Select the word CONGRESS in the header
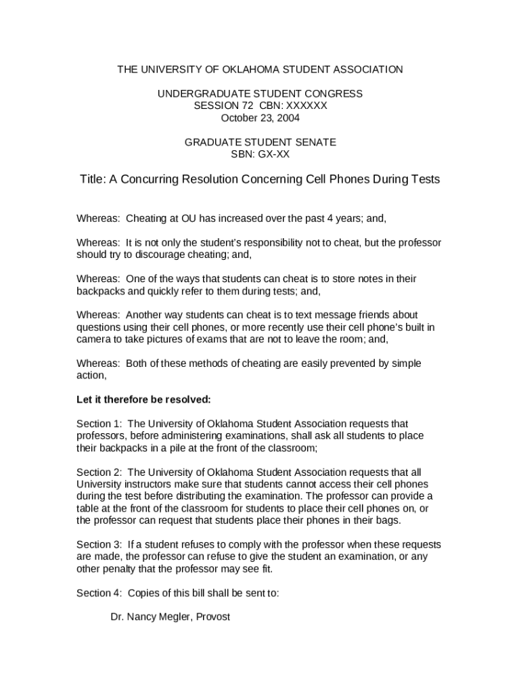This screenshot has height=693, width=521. click(x=334, y=93)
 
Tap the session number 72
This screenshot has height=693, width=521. click(x=247, y=106)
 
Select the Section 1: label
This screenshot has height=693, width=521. click(x=97, y=424)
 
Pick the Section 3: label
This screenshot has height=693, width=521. click(x=97, y=545)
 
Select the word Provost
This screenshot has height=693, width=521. click(x=211, y=617)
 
